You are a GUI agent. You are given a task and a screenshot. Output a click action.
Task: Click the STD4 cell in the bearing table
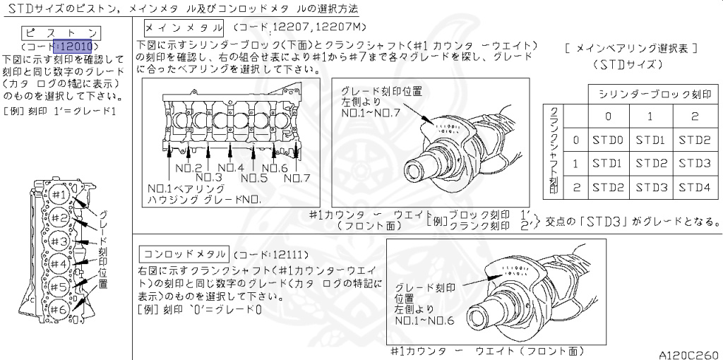click(x=695, y=188)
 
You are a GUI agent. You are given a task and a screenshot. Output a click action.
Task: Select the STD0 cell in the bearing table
click(x=607, y=140)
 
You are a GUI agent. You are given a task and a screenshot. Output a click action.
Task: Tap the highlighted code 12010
click(x=76, y=47)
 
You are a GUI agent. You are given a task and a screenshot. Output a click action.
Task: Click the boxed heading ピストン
click(x=61, y=33)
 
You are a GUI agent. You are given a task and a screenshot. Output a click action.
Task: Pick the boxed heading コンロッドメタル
click(x=184, y=254)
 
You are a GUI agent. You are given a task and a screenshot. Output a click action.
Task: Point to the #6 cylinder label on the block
click(x=59, y=309)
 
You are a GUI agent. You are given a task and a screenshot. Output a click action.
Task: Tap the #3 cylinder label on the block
click(x=59, y=241)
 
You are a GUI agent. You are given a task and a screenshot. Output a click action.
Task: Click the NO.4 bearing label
click(x=230, y=167)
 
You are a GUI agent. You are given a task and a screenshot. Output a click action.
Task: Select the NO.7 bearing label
click(x=297, y=178)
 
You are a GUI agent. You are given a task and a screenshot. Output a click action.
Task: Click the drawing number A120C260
click(x=688, y=354)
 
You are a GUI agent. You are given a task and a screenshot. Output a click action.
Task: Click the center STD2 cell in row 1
click(x=650, y=164)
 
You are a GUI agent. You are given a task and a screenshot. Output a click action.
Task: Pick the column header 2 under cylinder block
click(x=695, y=116)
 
